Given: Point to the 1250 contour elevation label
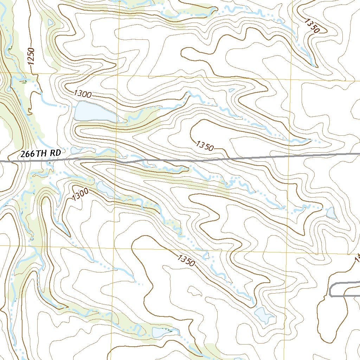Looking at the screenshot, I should tap(32, 56).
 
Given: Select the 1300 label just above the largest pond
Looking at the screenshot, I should tap(83, 94).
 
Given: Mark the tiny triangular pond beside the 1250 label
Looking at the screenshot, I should tap(50, 22).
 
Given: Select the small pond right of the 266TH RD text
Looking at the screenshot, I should tap(76, 150).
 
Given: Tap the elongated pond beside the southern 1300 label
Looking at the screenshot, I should tap(104, 189).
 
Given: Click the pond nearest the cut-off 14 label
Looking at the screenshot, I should tap(331, 213).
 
